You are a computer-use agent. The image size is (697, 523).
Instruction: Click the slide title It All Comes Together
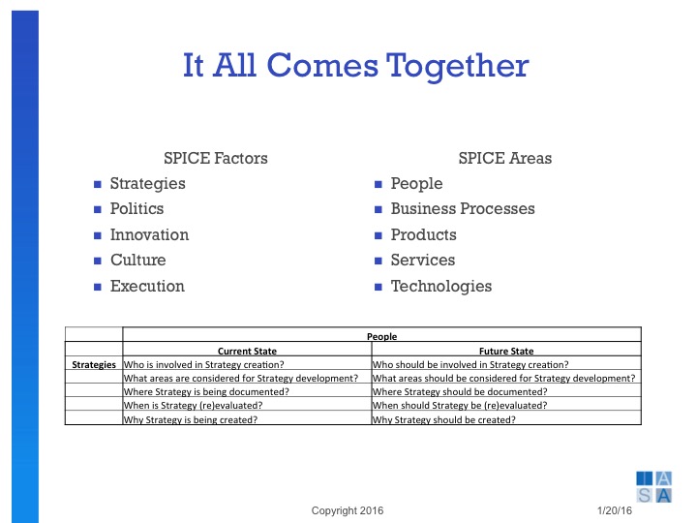355,65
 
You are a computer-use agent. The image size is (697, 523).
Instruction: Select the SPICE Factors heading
216,158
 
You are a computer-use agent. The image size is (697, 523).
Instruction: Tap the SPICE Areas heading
504,158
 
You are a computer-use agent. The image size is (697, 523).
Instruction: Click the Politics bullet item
136,209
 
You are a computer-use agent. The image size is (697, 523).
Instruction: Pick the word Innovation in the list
149,234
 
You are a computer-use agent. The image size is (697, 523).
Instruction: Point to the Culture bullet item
137,261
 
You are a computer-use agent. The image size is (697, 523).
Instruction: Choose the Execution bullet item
147,286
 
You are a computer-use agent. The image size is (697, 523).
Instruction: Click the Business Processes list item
462,209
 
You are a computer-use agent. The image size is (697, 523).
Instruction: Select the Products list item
423,234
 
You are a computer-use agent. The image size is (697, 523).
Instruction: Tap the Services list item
422,261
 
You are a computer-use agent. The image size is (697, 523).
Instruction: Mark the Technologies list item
440,286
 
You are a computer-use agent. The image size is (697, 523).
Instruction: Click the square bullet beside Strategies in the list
97,184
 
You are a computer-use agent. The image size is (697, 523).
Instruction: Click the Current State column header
246,351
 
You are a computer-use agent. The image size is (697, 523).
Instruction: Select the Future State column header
505,351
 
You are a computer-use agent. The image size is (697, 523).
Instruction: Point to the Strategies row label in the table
94,364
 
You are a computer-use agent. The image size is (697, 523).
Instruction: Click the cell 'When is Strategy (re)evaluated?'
195,406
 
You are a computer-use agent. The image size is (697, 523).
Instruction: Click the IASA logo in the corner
654,485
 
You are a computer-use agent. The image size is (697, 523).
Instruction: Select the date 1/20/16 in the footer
616,510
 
